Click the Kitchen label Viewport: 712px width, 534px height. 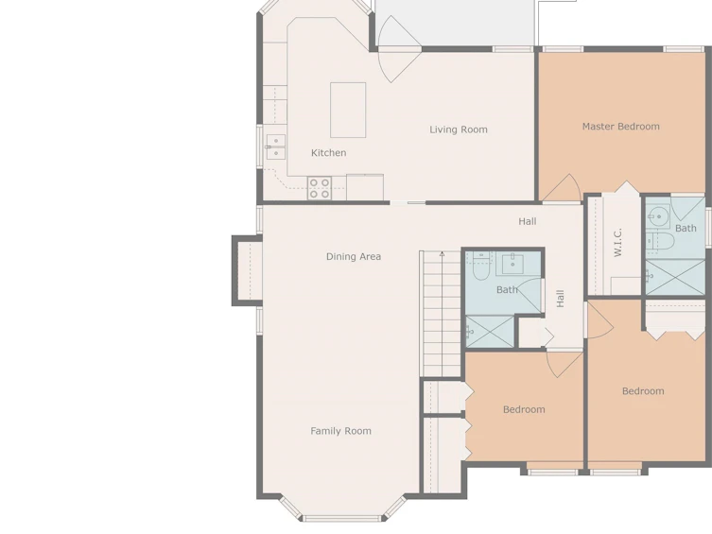tap(328, 153)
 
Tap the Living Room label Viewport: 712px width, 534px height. tap(459, 129)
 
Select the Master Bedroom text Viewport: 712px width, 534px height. tap(620, 127)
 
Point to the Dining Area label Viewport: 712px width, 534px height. tap(354, 257)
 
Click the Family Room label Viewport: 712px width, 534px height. tap(340, 431)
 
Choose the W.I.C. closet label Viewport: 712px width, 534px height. tap(618, 243)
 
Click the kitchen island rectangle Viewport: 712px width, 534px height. tap(348, 110)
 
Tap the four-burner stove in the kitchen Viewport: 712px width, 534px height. tap(320, 188)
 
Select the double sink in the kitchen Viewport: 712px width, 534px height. tap(275, 147)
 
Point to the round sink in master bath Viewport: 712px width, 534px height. tap(658, 216)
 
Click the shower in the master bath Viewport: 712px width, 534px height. tap(675, 277)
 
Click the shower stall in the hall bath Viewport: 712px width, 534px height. tap(490, 332)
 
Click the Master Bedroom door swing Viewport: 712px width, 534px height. tap(562, 188)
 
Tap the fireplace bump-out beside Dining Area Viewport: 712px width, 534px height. tap(248, 270)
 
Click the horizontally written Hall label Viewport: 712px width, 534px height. tap(528, 221)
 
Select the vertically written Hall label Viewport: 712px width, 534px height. tap(561, 299)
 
